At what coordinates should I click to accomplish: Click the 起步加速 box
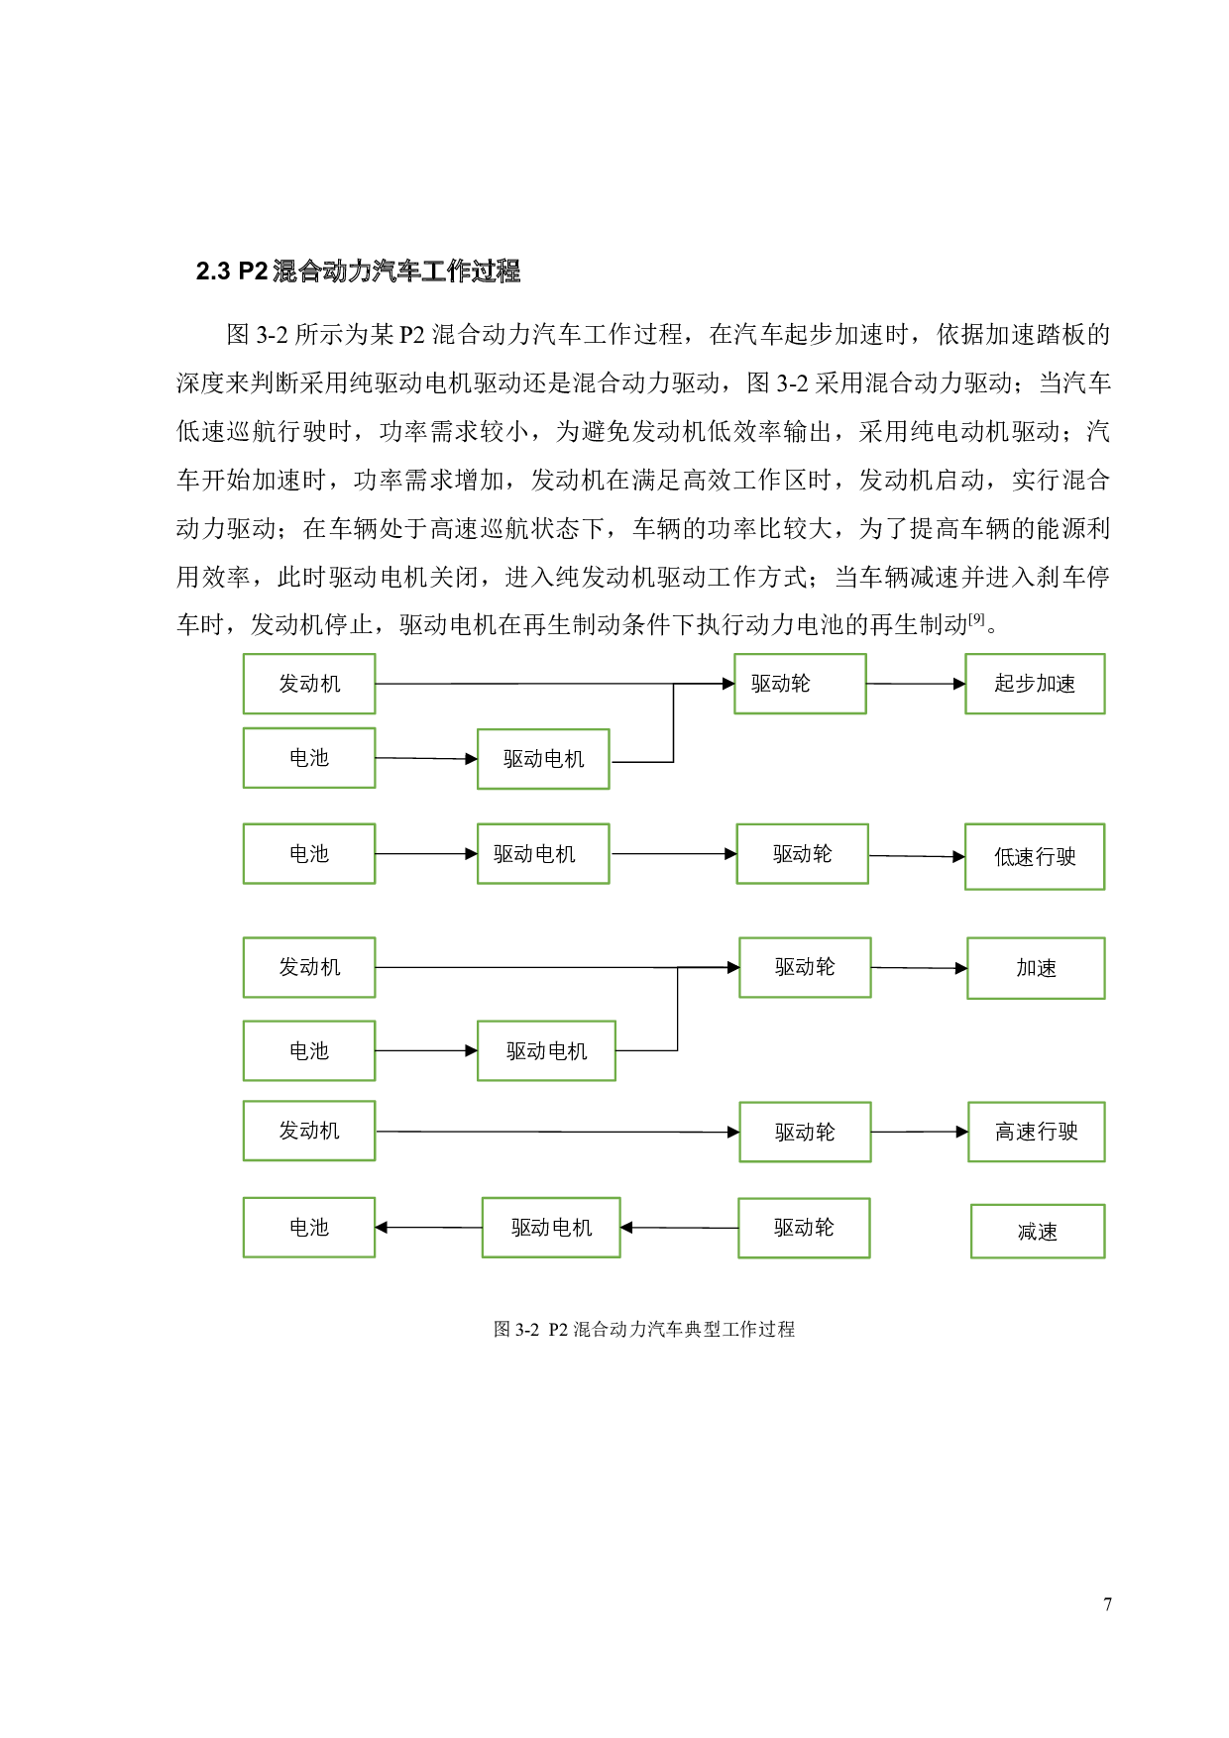pyautogui.click(x=1035, y=684)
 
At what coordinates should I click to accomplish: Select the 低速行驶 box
pyautogui.click(x=1035, y=856)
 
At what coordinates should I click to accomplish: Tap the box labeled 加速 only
pyautogui.click(x=1036, y=968)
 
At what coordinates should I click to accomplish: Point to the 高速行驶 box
pyautogui.click(x=1036, y=1132)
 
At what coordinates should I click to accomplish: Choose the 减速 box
pyautogui.click(x=1037, y=1232)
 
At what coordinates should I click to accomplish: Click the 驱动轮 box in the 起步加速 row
pyautogui.click(x=800, y=684)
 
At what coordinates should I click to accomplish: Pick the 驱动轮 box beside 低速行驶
pyautogui.click(x=802, y=853)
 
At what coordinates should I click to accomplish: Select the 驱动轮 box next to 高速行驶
pyautogui.click(x=805, y=1132)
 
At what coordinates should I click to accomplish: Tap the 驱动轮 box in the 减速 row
pyautogui.click(x=804, y=1228)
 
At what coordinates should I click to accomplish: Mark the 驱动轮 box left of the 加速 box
pyautogui.click(x=805, y=967)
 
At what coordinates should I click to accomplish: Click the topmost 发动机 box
pyautogui.click(x=309, y=684)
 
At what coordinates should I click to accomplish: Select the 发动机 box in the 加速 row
pyautogui.click(x=309, y=967)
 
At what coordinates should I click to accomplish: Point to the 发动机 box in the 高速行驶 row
pyautogui.click(x=309, y=1131)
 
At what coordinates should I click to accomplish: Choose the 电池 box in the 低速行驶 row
pyautogui.click(x=309, y=853)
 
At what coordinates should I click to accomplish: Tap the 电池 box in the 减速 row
pyautogui.click(x=309, y=1228)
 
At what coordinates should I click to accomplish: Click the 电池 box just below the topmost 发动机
pyautogui.click(x=309, y=758)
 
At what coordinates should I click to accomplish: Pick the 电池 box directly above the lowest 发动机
pyautogui.click(x=309, y=1050)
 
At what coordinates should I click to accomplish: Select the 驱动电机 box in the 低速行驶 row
pyautogui.click(x=543, y=853)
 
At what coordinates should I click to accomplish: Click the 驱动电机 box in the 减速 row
pyautogui.click(x=551, y=1228)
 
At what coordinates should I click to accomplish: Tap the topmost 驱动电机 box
pyautogui.click(x=543, y=759)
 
